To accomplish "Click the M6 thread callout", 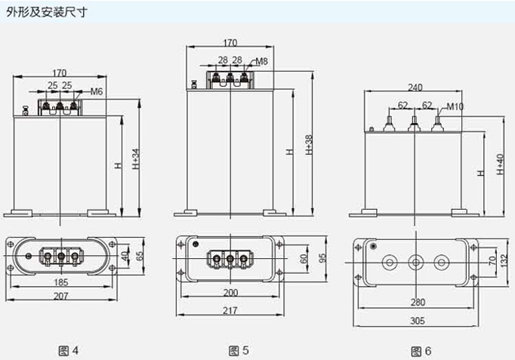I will [x=96, y=91].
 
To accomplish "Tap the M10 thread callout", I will [x=455, y=106].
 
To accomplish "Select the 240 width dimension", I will [x=415, y=86].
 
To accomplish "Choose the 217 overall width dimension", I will [x=230, y=310].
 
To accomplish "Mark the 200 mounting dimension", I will [x=230, y=292].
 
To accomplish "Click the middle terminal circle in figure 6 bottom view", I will [x=415, y=263].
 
